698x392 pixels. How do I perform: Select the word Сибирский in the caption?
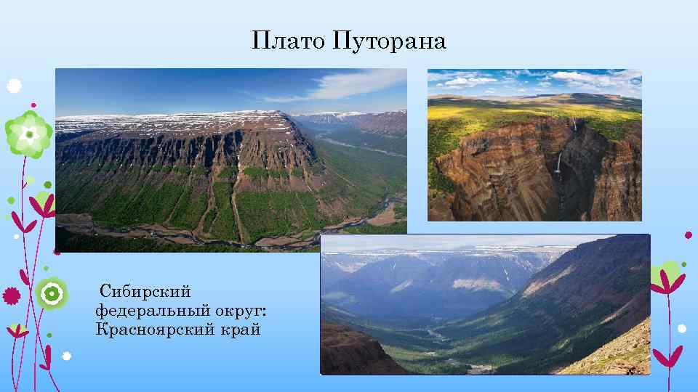145,292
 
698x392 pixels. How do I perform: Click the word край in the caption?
240,330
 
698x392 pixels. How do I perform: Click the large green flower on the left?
28,134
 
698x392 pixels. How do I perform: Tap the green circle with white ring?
52,293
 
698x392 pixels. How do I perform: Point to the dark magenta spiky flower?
11,295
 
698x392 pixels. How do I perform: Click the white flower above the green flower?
14,86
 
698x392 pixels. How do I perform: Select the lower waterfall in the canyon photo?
558,163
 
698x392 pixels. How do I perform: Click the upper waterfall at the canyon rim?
574,125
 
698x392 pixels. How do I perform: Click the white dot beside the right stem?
681,328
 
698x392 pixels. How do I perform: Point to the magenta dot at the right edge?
689,234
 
